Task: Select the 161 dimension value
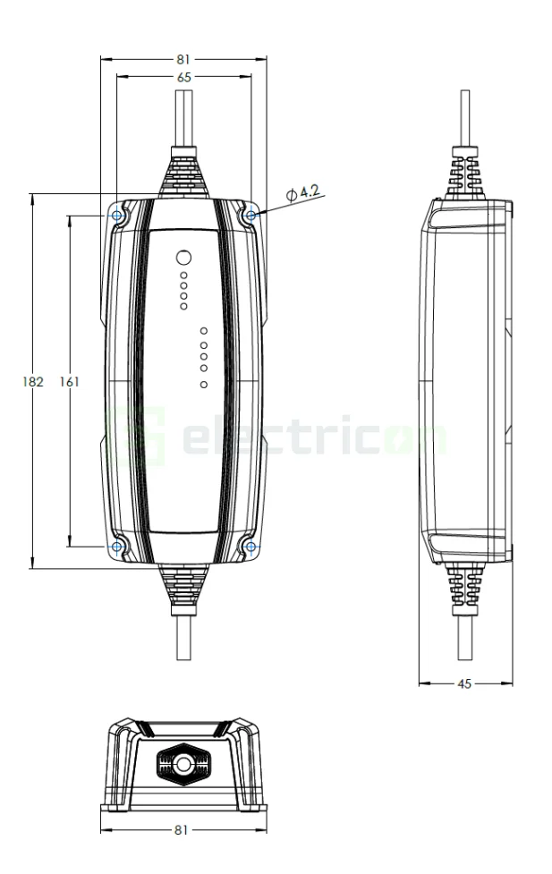click(x=69, y=381)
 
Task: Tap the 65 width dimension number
click(x=183, y=78)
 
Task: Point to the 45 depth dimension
click(x=464, y=684)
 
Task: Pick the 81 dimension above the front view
click(x=183, y=60)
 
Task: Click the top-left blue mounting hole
click(x=116, y=215)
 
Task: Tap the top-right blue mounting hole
click(x=251, y=215)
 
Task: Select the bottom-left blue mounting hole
click(x=116, y=546)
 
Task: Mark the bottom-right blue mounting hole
click(x=251, y=546)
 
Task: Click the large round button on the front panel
click(x=183, y=256)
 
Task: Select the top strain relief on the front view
click(x=183, y=175)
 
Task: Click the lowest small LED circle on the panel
click(x=204, y=385)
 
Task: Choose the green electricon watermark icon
click(x=135, y=436)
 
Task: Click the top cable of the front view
click(x=183, y=116)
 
